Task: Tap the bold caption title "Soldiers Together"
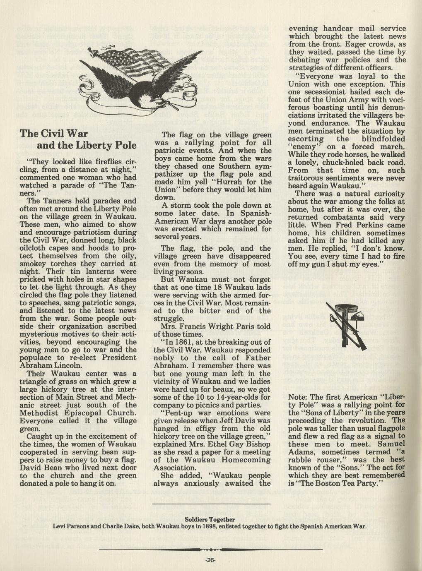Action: pyautogui.click(x=210, y=519)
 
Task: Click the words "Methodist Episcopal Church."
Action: pyautogui.click(x=78, y=413)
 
